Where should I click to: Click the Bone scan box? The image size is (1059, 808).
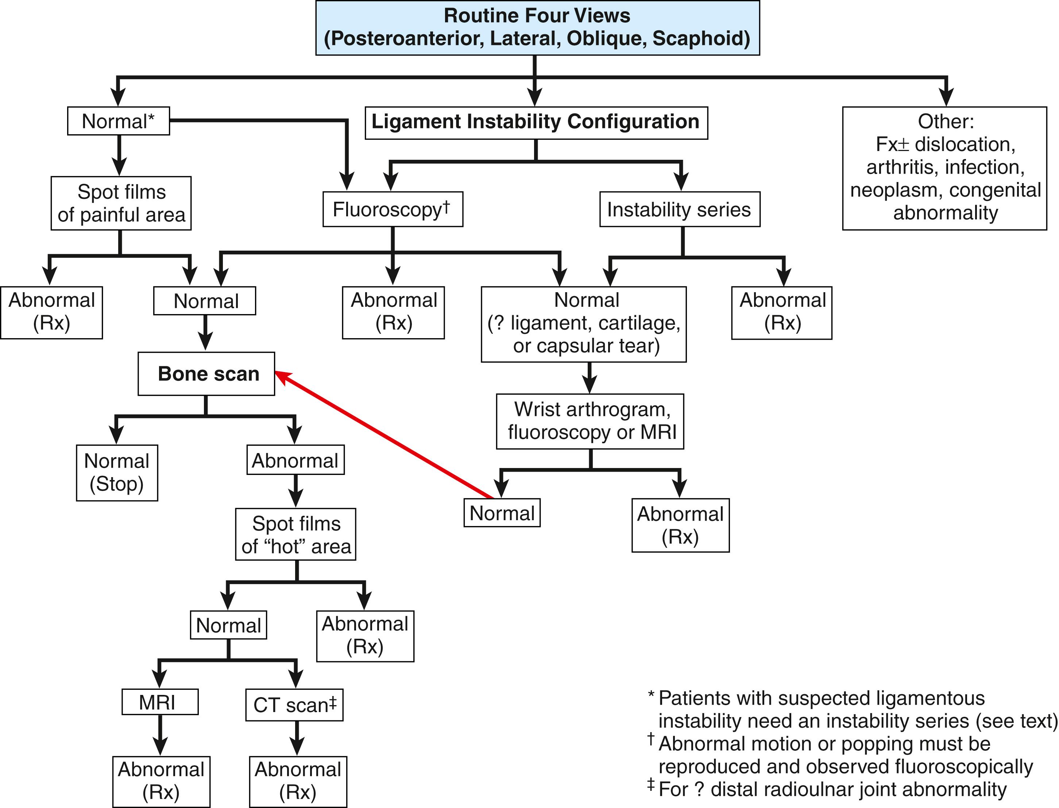(206, 374)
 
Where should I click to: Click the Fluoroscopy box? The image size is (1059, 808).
(393, 209)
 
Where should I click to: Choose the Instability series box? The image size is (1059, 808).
(679, 209)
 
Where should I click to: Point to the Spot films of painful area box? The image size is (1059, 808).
(121, 203)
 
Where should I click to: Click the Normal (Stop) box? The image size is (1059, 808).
(117, 472)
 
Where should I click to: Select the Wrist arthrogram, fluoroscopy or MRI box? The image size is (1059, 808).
(590, 421)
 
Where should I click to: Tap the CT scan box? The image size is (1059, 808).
(294, 705)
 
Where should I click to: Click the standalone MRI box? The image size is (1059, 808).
(160, 702)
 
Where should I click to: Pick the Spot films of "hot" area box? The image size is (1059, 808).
(296, 534)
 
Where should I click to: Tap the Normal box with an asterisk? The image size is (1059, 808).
(118, 121)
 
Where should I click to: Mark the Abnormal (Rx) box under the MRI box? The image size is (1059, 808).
(161, 781)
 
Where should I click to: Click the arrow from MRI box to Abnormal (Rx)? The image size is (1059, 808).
(160, 735)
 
